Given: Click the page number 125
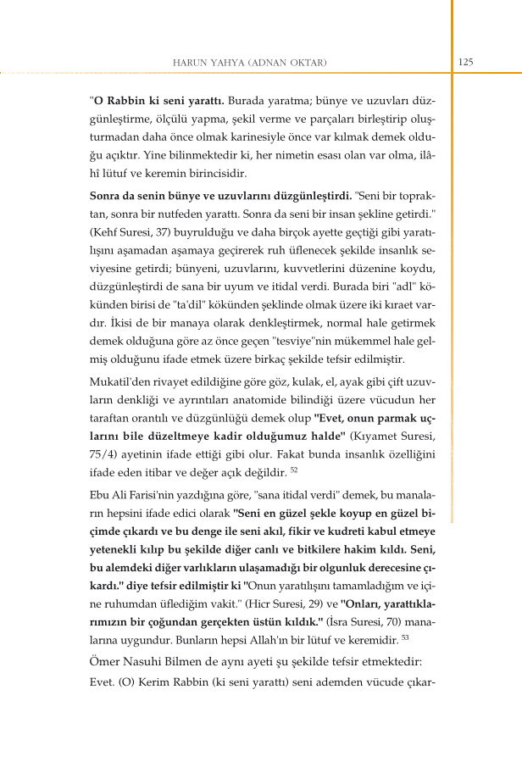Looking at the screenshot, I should pyautogui.click(x=465, y=61).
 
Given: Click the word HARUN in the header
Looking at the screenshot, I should pyautogui.click(x=188, y=63).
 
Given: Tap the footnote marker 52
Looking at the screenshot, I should pyautogui.click(x=294, y=469).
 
